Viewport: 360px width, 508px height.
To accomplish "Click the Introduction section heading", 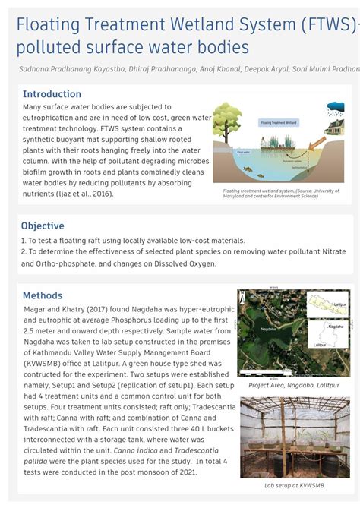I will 52,94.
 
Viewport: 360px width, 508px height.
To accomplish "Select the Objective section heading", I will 43,226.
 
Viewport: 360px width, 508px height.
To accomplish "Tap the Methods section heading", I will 43,295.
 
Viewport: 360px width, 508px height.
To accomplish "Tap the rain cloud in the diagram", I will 335,107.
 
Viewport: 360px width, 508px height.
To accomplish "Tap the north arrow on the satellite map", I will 245,297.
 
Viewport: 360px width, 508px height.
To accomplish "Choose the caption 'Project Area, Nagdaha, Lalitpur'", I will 294,386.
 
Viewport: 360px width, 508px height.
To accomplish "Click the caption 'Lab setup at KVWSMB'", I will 294,484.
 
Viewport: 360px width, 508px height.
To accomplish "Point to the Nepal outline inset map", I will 328,304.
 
